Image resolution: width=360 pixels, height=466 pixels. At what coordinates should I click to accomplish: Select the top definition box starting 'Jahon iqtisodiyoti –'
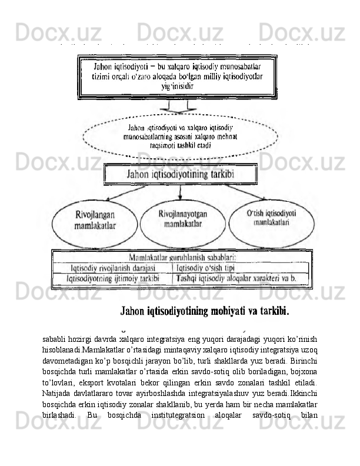tap(176, 77)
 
